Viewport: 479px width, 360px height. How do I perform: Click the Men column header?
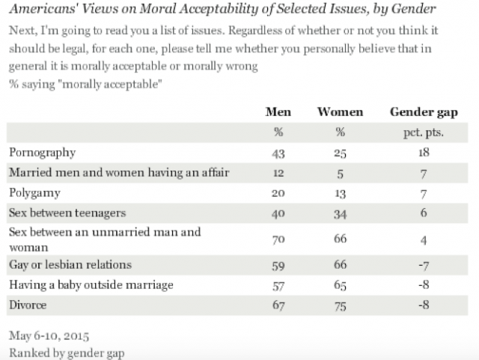[x=278, y=112]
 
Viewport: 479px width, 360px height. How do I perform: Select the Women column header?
[x=340, y=112]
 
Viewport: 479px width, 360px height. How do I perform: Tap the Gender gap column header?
[x=424, y=112]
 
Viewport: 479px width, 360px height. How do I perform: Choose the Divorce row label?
[x=28, y=305]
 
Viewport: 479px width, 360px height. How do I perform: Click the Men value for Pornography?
[x=278, y=153]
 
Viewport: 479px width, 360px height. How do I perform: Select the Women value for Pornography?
[x=340, y=153]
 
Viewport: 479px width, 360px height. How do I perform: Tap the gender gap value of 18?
[x=424, y=153]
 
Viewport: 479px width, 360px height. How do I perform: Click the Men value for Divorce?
[x=278, y=305]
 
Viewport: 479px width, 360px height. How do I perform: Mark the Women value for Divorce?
[x=340, y=305]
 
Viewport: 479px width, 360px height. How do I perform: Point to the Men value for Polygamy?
[x=278, y=192]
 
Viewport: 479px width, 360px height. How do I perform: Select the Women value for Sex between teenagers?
[x=340, y=213]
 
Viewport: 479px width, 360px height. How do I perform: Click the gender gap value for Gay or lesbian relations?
[x=424, y=265]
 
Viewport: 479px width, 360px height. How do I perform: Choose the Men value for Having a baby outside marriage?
[x=278, y=285]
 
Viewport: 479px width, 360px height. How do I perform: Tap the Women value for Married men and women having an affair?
[x=340, y=173]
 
